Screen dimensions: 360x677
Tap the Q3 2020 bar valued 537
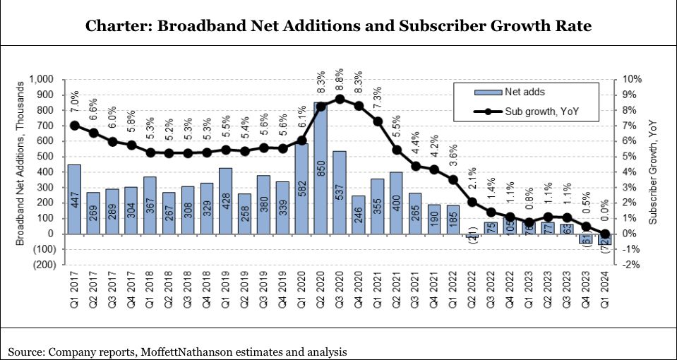point(340,192)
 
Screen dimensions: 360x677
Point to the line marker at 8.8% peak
point(340,99)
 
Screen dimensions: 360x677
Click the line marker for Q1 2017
point(73,126)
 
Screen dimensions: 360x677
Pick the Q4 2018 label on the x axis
point(207,292)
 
